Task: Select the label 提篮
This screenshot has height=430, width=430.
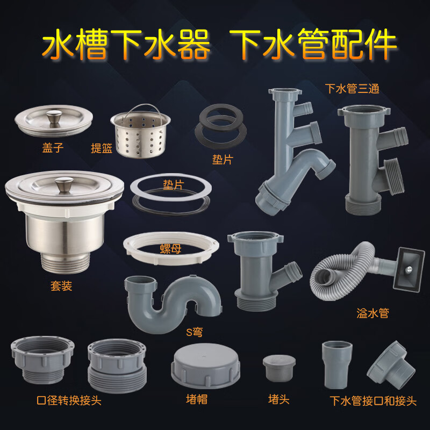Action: [102, 148]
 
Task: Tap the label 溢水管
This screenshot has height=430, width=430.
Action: [372, 312]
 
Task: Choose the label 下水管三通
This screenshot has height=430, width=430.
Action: [352, 88]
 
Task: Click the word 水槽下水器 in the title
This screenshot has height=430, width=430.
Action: [126, 46]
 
